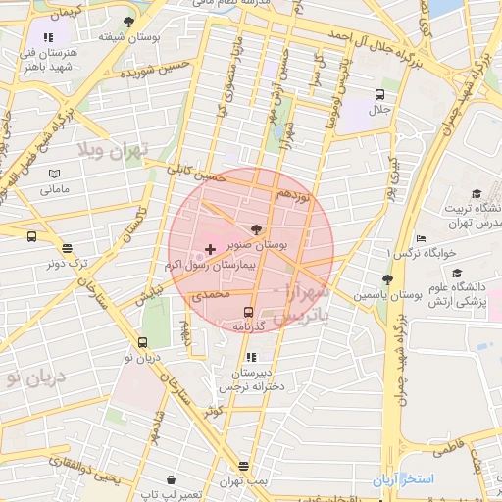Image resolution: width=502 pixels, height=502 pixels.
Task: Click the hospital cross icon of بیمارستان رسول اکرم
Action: [x=210, y=250]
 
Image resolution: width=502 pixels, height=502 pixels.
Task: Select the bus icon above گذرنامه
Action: [x=246, y=311]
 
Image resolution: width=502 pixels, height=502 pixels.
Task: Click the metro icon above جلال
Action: [x=379, y=94]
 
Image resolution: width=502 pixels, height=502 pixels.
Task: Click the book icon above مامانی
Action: [x=54, y=175]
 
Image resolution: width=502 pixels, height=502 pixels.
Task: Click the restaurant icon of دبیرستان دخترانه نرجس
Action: [x=251, y=357]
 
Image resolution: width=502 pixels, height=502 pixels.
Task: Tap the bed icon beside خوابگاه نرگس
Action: [x=421, y=238]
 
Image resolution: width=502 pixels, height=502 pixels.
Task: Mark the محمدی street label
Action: [x=209, y=294]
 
